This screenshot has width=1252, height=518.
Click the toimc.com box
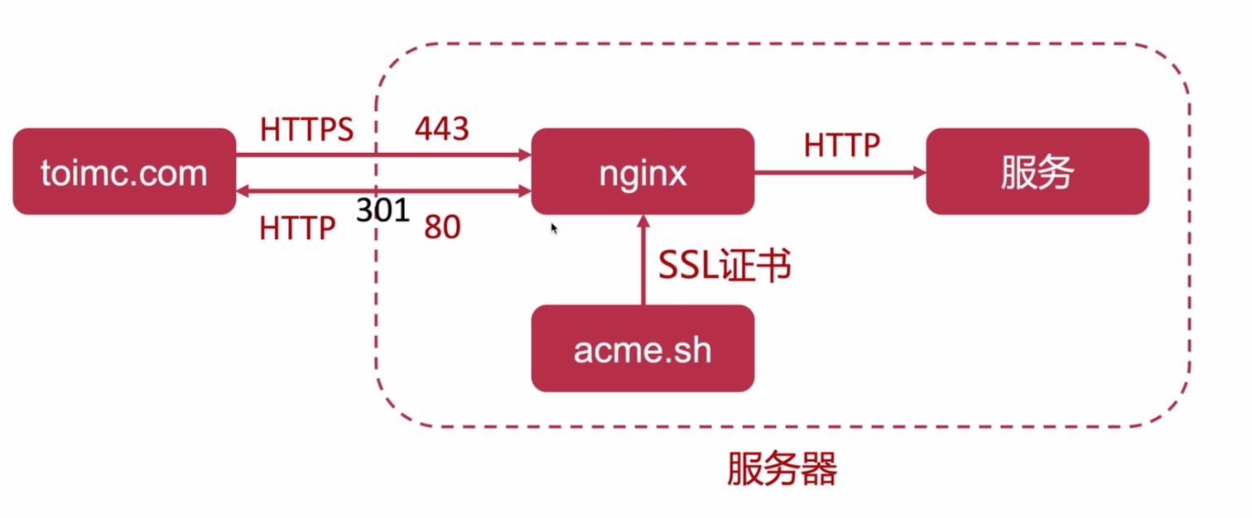click(x=124, y=171)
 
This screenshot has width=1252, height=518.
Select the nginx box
click(x=643, y=171)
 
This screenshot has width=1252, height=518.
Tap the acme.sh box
click(x=643, y=348)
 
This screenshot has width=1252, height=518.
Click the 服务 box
click(x=1037, y=171)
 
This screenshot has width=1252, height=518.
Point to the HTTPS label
click(x=306, y=129)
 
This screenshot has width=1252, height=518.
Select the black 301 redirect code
click(x=383, y=210)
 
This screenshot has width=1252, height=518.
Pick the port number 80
click(x=441, y=228)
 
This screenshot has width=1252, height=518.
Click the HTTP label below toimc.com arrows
click(x=297, y=228)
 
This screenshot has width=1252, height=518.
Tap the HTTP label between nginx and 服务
click(x=840, y=146)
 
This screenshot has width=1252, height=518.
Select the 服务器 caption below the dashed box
click(x=782, y=469)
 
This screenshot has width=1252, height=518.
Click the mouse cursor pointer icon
click(x=554, y=228)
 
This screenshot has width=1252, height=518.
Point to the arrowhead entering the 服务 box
click(x=919, y=173)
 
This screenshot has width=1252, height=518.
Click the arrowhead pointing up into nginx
click(x=643, y=220)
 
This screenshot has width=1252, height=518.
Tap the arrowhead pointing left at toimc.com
click(x=243, y=192)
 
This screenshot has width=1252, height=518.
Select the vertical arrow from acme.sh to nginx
click(x=643, y=265)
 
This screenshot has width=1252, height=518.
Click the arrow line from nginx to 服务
click(x=836, y=173)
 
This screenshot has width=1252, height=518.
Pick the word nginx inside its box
click(x=643, y=173)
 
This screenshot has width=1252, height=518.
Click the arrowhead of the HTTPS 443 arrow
click(x=524, y=155)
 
